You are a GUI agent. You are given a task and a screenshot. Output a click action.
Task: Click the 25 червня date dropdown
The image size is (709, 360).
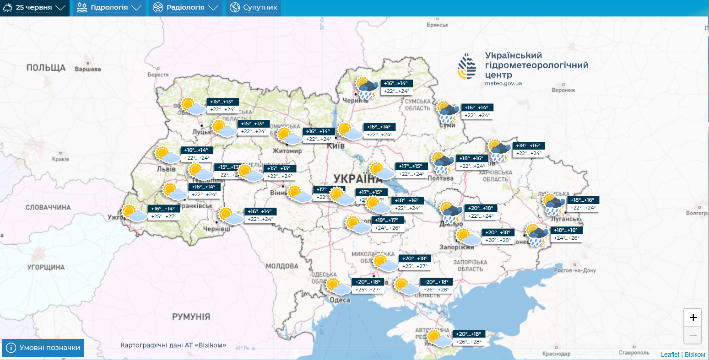coord(35,8)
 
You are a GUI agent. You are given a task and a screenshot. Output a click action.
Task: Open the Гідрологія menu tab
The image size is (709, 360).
coord(109,8)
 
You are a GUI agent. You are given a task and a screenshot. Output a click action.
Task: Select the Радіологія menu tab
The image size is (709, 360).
coord(185,8)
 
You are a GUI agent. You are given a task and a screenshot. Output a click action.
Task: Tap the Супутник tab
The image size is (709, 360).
coord(254,8)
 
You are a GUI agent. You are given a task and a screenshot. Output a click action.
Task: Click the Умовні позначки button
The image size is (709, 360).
coord(43,348)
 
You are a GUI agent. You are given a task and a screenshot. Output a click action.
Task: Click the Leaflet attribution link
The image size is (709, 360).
coord(670,355)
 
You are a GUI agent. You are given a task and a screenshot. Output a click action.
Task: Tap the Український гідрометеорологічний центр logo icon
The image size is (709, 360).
coord(467,66)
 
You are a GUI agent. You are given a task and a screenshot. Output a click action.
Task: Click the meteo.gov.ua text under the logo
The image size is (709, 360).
coord(503,83)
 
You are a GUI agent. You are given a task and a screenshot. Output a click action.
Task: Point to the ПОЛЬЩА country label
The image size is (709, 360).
coord(46,68)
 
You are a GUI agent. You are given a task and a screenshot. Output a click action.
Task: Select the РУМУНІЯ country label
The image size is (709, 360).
coord(191,317)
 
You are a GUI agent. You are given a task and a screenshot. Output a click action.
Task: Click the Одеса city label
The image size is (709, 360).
coord(340,300)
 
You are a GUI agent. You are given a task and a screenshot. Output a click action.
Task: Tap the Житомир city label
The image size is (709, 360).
coord(287,151)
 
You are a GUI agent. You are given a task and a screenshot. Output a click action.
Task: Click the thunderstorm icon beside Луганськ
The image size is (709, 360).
coord(553,204)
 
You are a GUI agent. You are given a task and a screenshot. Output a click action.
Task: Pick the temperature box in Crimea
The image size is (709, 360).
coord(469,338)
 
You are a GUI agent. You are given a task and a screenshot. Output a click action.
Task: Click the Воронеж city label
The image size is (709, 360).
coord(563,90)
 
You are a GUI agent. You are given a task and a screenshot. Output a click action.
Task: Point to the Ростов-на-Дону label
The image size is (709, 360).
coord(575,270)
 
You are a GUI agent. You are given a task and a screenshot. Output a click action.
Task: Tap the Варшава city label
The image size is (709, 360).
coord(87,70)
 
